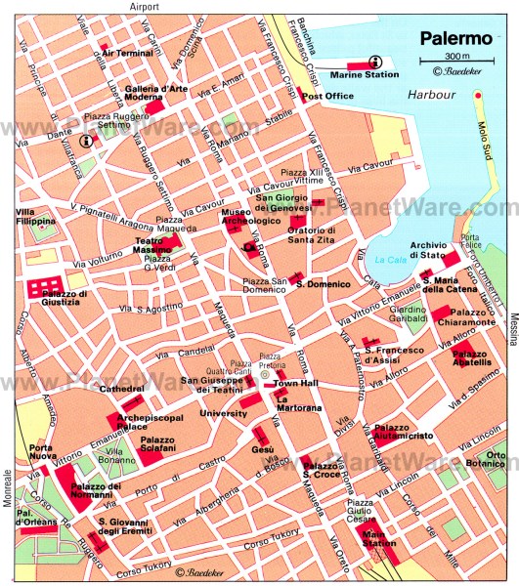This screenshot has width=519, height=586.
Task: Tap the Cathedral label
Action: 122,389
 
